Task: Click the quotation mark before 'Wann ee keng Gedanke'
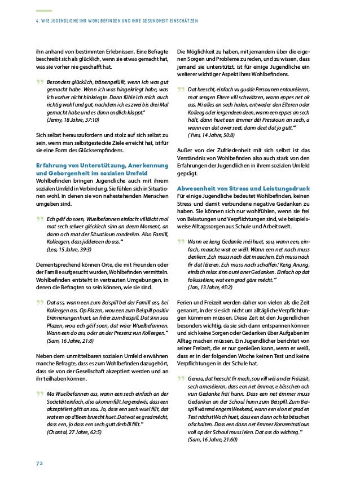click(x=181, y=242)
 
